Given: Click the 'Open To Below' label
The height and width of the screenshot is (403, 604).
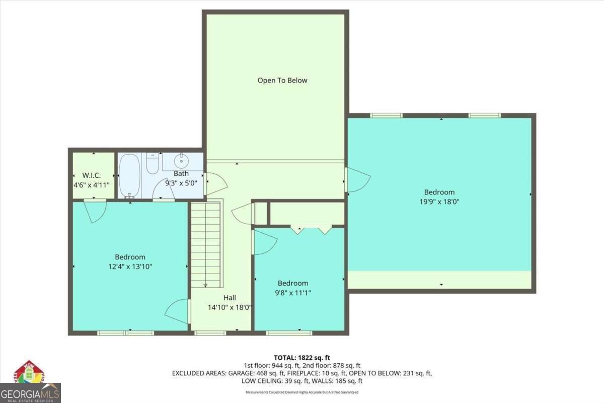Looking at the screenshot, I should (282, 80).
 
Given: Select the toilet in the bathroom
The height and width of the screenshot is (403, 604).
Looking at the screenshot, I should (153, 162).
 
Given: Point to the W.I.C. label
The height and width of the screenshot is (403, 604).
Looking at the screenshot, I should (92, 175).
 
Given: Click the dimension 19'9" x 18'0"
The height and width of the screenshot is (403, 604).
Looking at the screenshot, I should (439, 201).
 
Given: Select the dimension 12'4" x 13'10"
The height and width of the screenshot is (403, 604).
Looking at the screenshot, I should (130, 266).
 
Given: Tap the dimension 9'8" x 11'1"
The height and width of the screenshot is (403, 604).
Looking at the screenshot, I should (293, 293).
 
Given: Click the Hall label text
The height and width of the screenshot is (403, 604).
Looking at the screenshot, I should (230, 298).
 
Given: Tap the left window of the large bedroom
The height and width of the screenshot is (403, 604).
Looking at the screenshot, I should (386, 115).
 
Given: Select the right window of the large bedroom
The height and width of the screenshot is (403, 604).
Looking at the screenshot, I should (484, 115).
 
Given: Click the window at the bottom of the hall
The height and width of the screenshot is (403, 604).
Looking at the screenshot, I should (210, 332).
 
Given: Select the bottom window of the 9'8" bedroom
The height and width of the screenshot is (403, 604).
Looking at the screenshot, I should (289, 332).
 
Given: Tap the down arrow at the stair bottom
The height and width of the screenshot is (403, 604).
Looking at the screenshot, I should (205, 286).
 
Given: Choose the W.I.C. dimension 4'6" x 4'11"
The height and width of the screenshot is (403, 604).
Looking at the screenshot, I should (92, 184).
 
